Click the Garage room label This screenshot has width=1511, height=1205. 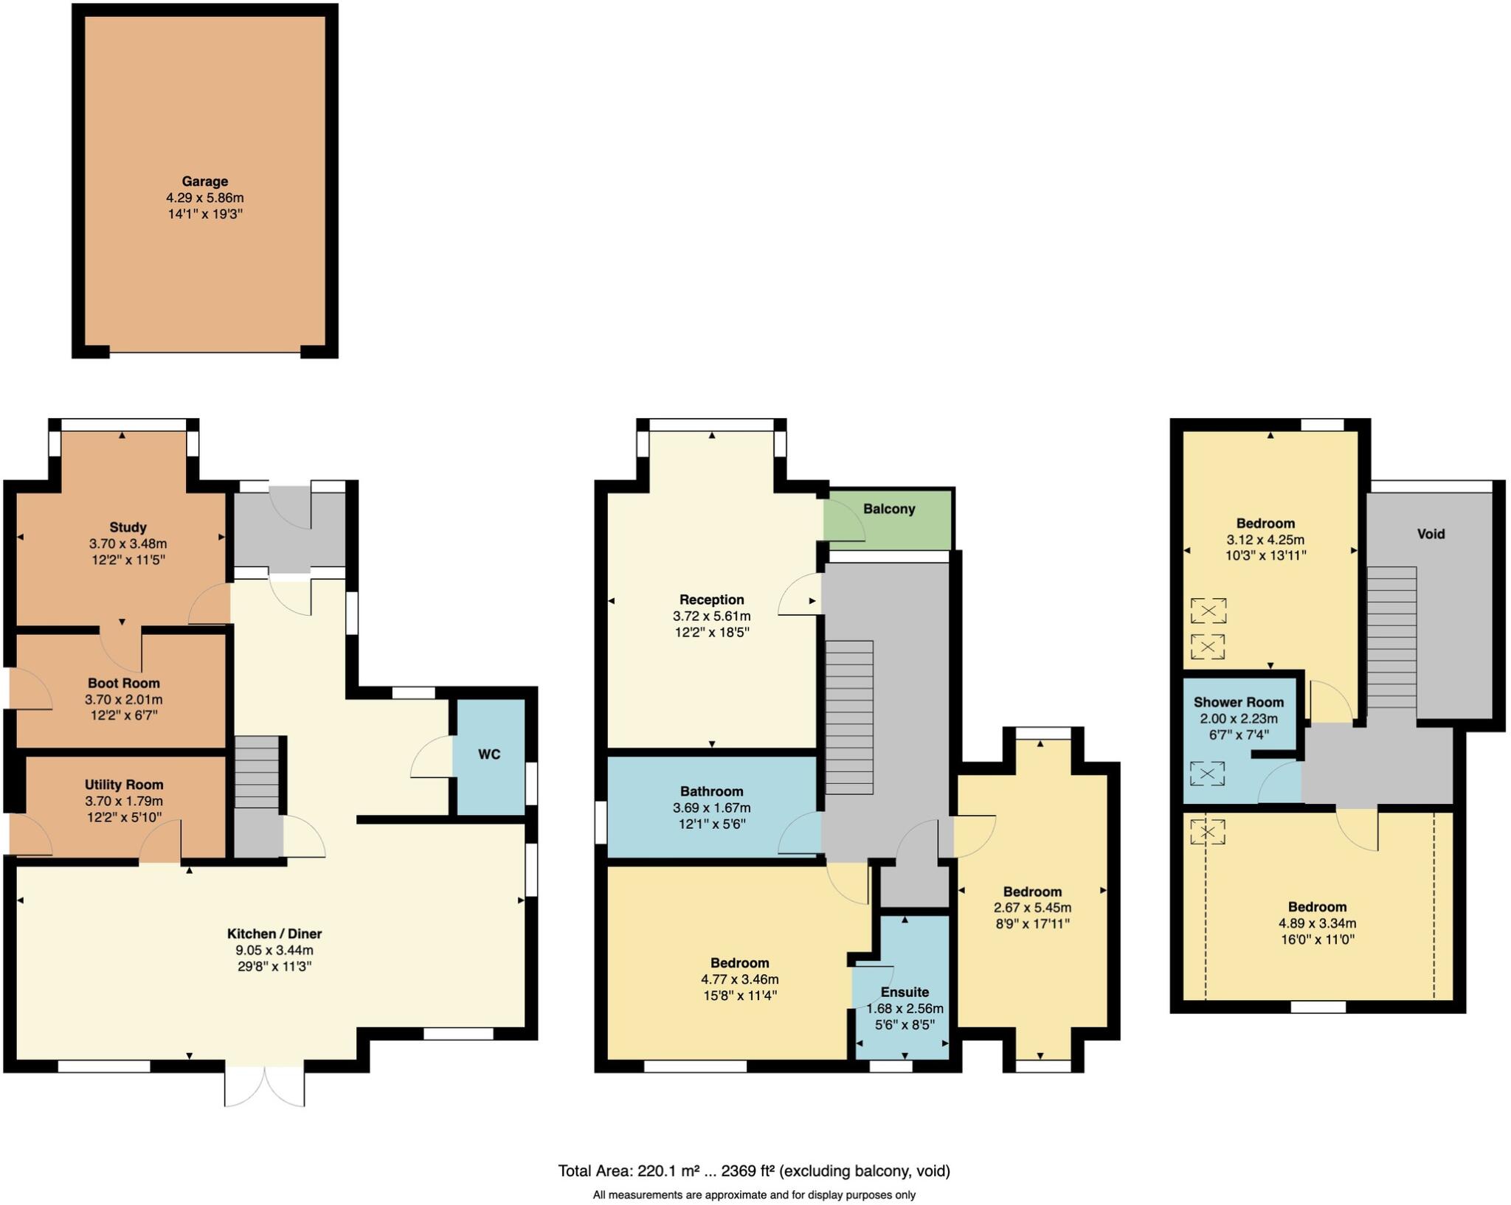[x=204, y=181]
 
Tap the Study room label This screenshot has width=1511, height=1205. [x=128, y=527]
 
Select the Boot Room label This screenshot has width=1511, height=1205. [x=123, y=684]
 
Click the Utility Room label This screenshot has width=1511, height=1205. [x=123, y=785]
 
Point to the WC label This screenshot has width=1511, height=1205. [x=489, y=754]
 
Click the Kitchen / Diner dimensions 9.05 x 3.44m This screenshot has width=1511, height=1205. [x=274, y=951]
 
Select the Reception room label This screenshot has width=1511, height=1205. [x=711, y=600]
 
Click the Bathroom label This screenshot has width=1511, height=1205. [x=711, y=791]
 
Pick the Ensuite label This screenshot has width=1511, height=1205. [x=905, y=992]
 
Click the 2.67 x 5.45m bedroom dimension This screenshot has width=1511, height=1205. [x=1032, y=908]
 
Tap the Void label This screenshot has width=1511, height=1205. [x=1431, y=534]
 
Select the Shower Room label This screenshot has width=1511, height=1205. [x=1239, y=702]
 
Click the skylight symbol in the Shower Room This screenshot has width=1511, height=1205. [x=1207, y=774]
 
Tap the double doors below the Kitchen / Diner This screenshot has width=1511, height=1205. [x=264, y=1086]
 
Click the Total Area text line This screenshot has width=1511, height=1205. [x=754, y=1170]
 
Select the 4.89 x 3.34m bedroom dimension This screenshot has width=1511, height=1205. [x=1317, y=923]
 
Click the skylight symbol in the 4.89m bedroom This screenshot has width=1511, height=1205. [x=1207, y=833]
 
